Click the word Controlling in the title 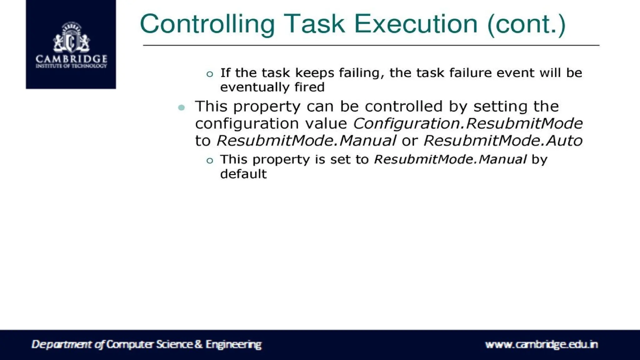(207, 24)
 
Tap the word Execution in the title (416, 24)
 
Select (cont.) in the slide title (527, 24)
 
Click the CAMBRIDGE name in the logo (72, 59)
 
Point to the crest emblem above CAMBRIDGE (72, 37)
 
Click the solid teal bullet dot (181, 108)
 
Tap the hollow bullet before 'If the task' (210, 74)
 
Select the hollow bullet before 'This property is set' (210, 161)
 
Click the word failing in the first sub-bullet (362, 73)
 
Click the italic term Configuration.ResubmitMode (468, 123)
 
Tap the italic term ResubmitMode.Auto (503, 141)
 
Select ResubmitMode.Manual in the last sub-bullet (450, 159)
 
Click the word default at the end (243, 174)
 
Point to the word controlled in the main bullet (404, 106)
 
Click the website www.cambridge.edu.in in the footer (541, 344)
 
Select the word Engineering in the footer (233, 344)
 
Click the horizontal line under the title (371, 45)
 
